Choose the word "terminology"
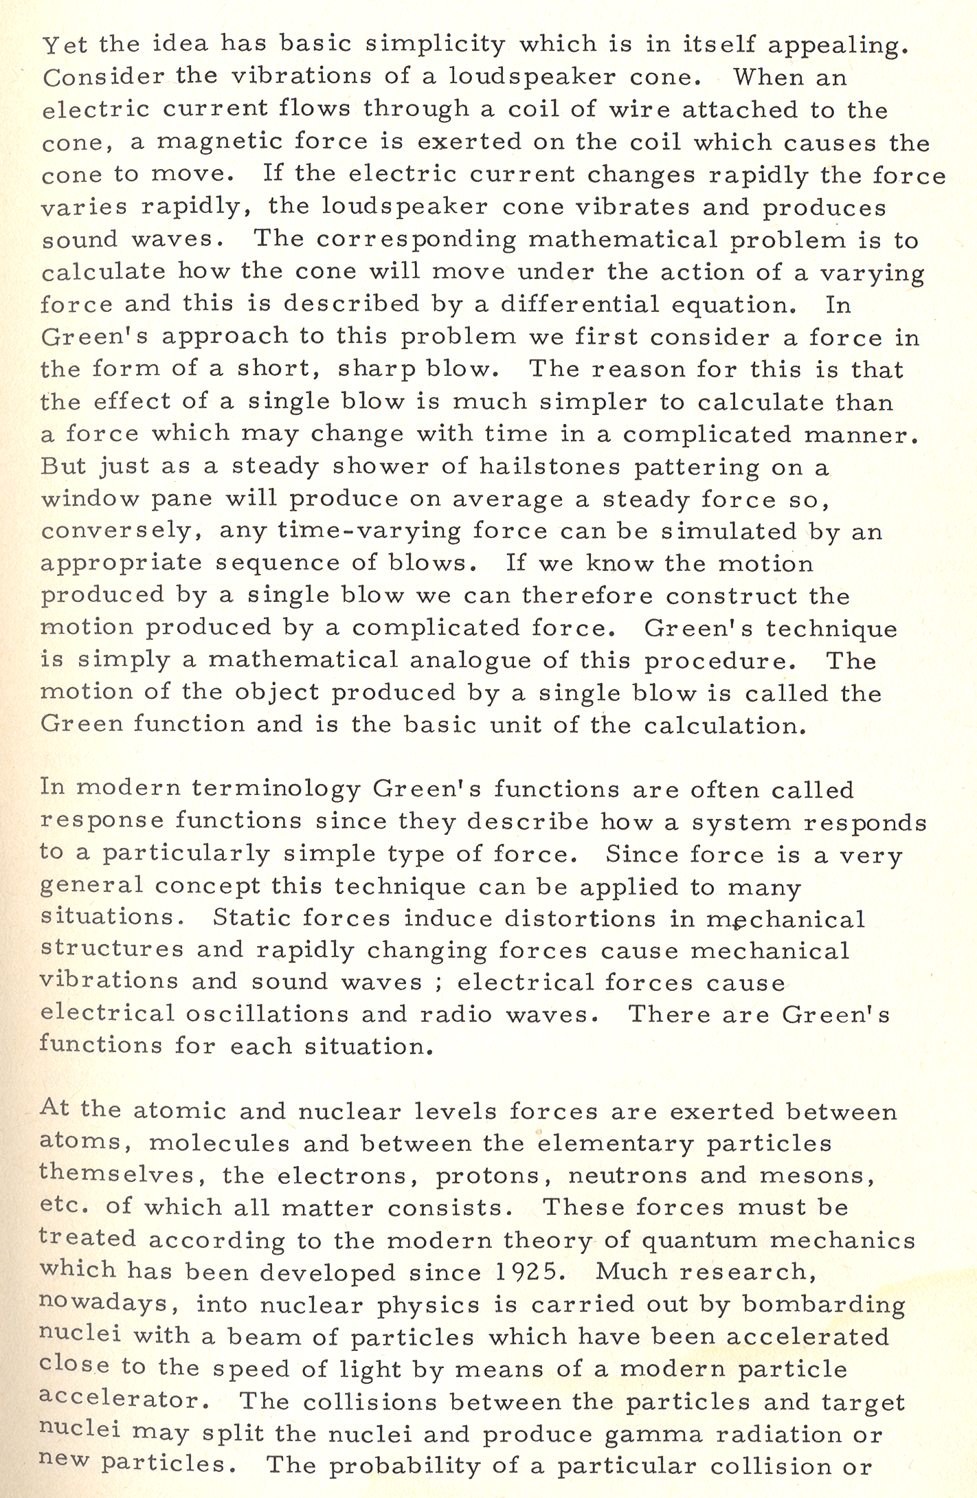pyautogui.click(x=276, y=790)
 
